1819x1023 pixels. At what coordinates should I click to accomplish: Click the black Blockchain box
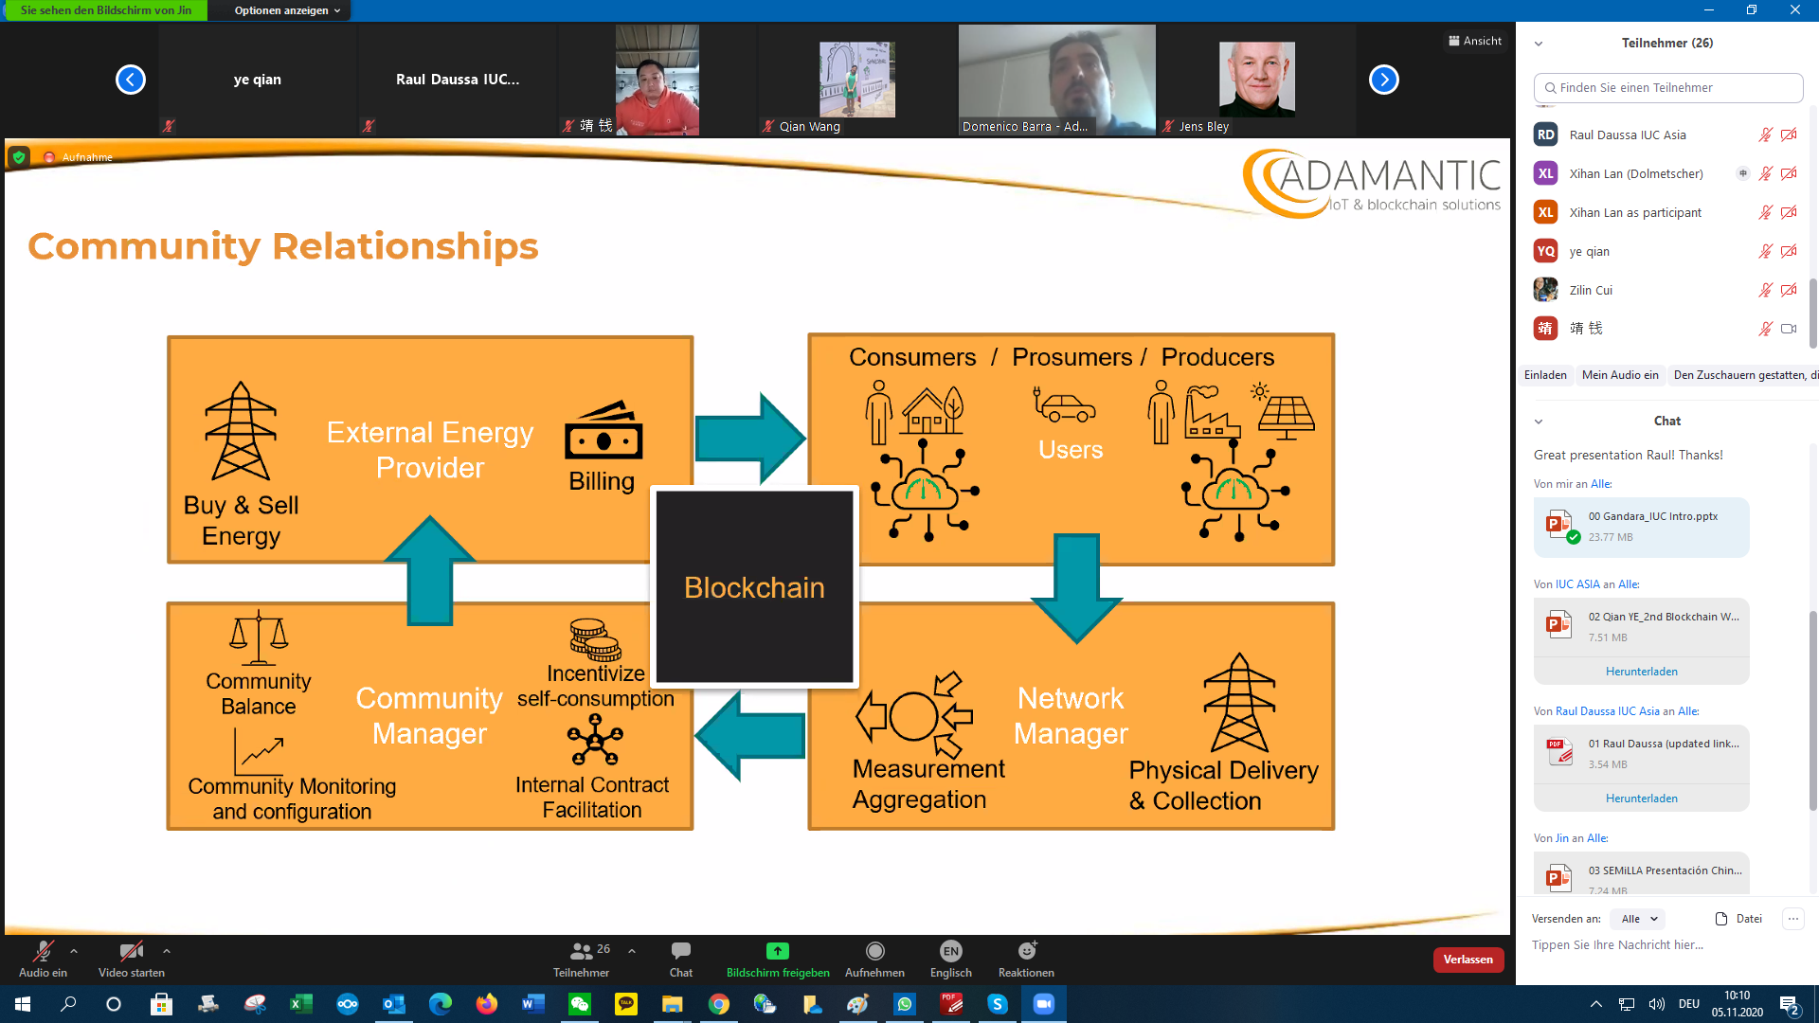click(754, 586)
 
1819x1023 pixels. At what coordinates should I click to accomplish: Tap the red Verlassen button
click(1468, 960)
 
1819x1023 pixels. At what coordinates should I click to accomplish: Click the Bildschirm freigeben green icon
click(777, 951)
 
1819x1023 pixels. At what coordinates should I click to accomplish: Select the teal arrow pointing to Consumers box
click(749, 439)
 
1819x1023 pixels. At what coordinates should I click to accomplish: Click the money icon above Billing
click(603, 432)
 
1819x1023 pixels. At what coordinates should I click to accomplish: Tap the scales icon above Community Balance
click(259, 637)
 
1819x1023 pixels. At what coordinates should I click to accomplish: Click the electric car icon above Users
click(1064, 404)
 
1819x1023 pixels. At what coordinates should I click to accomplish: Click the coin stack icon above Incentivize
click(594, 640)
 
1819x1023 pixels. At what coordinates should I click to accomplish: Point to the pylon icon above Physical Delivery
click(1238, 702)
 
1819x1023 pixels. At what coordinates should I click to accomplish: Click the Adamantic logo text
click(1389, 176)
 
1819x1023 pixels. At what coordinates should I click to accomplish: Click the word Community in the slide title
click(143, 246)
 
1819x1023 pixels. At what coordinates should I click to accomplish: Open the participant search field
click(1667, 87)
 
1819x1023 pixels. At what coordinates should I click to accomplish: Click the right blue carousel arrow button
click(1383, 80)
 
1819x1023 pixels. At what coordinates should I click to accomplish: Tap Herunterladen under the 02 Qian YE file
click(1641, 672)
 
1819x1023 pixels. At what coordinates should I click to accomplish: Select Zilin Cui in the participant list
click(1591, 290)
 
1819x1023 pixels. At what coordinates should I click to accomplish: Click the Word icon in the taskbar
click(533, 1004)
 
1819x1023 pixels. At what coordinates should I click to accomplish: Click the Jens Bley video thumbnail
click(1255, 81)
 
